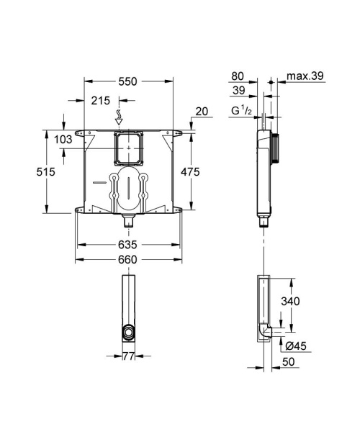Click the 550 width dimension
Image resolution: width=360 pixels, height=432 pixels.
click(127, 81)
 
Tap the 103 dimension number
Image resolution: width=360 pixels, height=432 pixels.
click(64, 140)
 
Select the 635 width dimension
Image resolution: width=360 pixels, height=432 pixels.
click(127, 244)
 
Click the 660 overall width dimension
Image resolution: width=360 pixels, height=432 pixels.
click(127, 260)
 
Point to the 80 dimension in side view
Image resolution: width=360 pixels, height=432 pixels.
click(239, 75)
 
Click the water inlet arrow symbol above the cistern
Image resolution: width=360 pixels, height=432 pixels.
click(120, 116)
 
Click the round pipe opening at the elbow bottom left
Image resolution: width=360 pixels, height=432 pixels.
click(127, 332)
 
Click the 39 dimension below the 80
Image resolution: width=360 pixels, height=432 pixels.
click(239, 91)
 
